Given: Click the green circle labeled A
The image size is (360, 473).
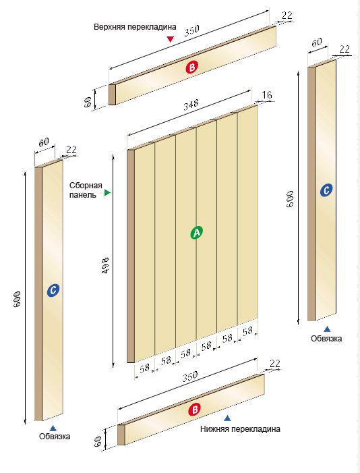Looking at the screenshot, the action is pos(197,232).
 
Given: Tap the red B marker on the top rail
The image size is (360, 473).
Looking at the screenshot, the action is pos(191,67).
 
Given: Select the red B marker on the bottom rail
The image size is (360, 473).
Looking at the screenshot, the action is pos(194,410).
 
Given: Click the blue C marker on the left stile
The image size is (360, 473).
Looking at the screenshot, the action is pos(53,290).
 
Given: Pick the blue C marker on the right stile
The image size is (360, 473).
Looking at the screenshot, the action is pos(326,190).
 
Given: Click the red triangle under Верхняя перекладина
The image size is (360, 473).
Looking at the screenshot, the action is pos(171,39).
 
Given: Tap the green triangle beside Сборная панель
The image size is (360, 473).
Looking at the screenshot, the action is pos(107,192).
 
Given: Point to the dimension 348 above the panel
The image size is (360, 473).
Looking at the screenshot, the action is pos(191,105).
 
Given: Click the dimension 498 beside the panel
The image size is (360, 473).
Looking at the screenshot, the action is pos(105,266).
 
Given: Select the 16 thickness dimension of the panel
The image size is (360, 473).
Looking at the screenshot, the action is pos(267,95).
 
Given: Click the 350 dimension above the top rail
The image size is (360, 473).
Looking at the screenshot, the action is pos(191,30).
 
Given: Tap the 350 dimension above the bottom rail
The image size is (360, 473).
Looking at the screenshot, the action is pos(190,376).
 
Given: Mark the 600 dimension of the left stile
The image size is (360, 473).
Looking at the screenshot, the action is pos(17,299).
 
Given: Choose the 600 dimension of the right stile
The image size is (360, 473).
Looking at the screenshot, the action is pos(290,199).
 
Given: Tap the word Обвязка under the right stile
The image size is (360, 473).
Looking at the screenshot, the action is pos(326,339).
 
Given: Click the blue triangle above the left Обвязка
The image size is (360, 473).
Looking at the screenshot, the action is pos(53,428).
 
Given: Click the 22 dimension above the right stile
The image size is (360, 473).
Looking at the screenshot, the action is pos(344,49).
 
